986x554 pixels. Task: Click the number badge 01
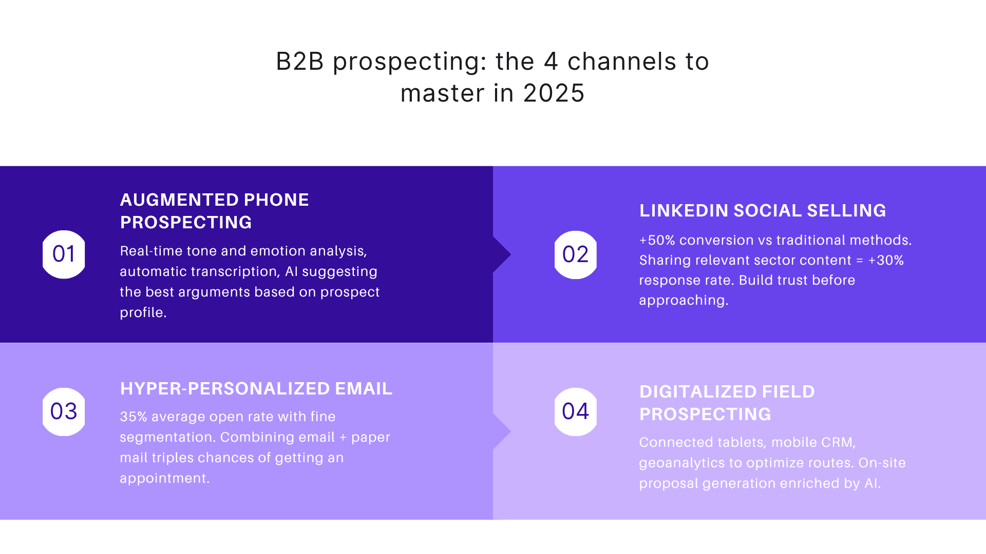pyautogui.click(x=64, y=254)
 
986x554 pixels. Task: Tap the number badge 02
pyautogui.click(x=575, y=254)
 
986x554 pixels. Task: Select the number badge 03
pyautogui.click(x=64, y=411)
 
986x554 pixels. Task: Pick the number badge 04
pyautogui.click(x=575, y=411)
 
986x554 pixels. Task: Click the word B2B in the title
pyautogui.click(x=300, y=62)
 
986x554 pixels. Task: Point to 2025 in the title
pyautogui.click(x=554, y=93)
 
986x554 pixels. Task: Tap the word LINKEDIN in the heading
pyautogui.click(x=682, y=211)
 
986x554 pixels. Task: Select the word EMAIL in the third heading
pyautogui.click(x=364, y=389)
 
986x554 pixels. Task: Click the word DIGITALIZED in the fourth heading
pyautogui.click(x=697, y=392)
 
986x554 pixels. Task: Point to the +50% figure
pyautogui.click(x=657, y=240)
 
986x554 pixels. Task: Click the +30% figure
pyautogui.click(x=886, y=260)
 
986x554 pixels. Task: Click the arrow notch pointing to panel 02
pyautogui.click(x=502, y=254)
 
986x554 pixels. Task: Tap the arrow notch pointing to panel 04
pyautogui.click(x=502, y=431)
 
